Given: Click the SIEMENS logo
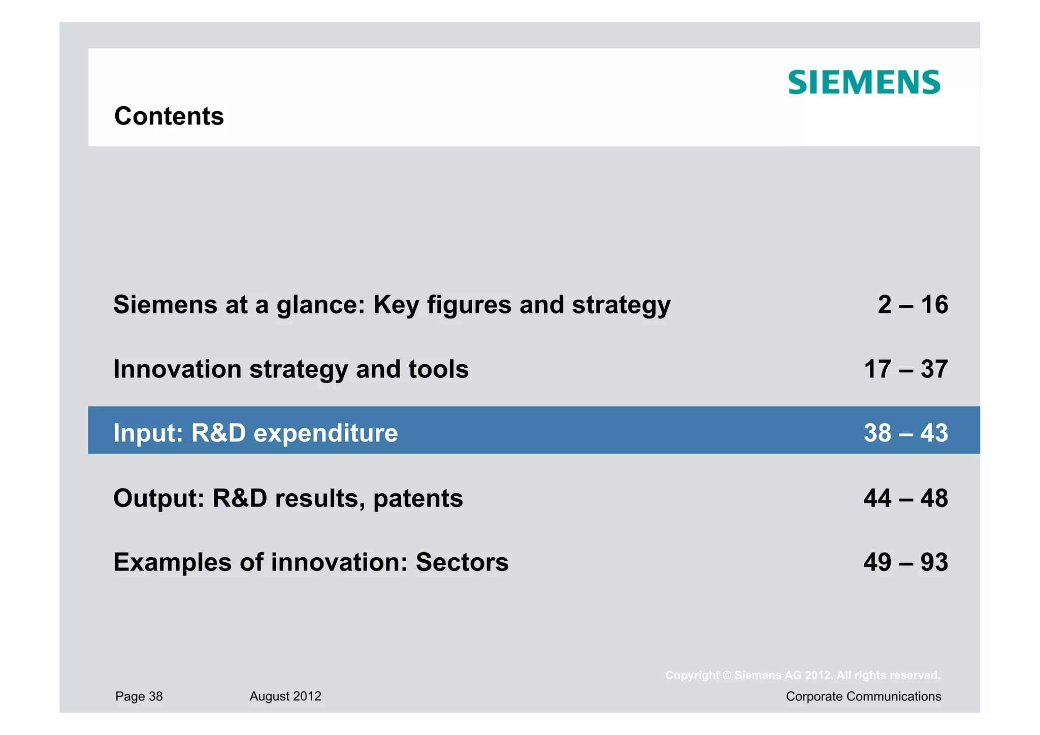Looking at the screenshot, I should point(864,83).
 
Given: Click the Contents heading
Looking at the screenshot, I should point(169,116).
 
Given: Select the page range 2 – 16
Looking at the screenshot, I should point(913,305).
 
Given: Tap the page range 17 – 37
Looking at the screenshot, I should point(905,369).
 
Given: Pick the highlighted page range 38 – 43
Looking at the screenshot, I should point(905,433).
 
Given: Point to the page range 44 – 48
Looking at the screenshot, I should point(905,498).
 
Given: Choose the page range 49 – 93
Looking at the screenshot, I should point(905,562).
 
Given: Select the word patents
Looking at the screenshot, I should point(418,499).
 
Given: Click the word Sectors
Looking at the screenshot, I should point(462,562).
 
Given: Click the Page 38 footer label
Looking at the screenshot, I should point(139,696).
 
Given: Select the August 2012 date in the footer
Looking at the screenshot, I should point(285,696).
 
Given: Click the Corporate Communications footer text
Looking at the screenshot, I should point(863,696).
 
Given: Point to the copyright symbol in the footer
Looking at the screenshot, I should point(727,676).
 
